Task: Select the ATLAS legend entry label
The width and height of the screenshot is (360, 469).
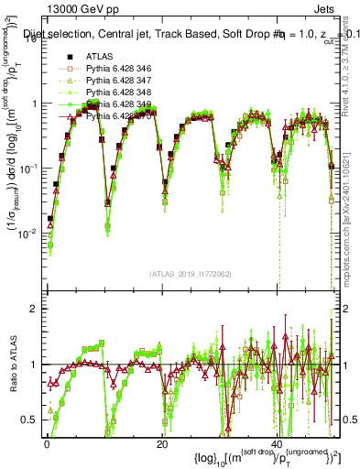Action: click(x=98, y=57)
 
